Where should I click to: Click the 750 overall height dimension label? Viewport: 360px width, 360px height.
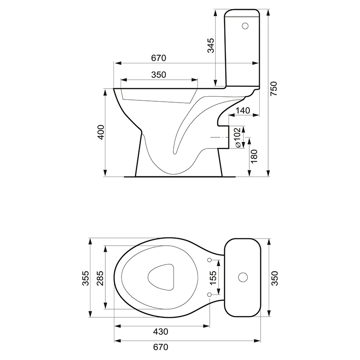[274, 89]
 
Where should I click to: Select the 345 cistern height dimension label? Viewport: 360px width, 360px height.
[211, 45]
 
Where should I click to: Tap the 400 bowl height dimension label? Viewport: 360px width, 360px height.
[101, 132]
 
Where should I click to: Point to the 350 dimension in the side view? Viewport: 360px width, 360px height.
[159, 75]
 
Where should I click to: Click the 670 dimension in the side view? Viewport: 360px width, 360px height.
[159, 58]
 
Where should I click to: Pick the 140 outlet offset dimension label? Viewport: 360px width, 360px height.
[243, 111]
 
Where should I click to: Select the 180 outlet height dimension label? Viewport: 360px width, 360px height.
[254, 156]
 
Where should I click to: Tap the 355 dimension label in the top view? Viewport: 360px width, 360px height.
[85, 278]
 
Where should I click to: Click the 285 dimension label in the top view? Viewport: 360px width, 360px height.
[100, 278]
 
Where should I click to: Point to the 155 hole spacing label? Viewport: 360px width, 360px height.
[213, 277]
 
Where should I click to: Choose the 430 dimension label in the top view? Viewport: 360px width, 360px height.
[161, 332]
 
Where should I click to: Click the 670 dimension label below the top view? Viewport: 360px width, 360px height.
[161, 347]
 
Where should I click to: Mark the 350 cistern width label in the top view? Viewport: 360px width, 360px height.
[274, 278]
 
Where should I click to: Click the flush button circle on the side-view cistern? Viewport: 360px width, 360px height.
[245, 26]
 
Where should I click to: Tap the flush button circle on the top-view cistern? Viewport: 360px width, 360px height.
[243, 277]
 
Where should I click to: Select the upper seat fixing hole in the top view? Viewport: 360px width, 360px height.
[209, 260]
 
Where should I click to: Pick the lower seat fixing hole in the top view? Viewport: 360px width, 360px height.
[209, 295]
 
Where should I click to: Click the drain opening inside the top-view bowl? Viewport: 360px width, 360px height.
[161, 277]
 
